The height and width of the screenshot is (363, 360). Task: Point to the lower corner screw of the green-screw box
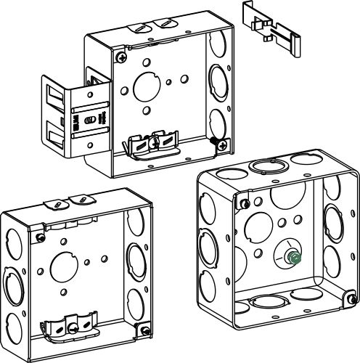[351, 297]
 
